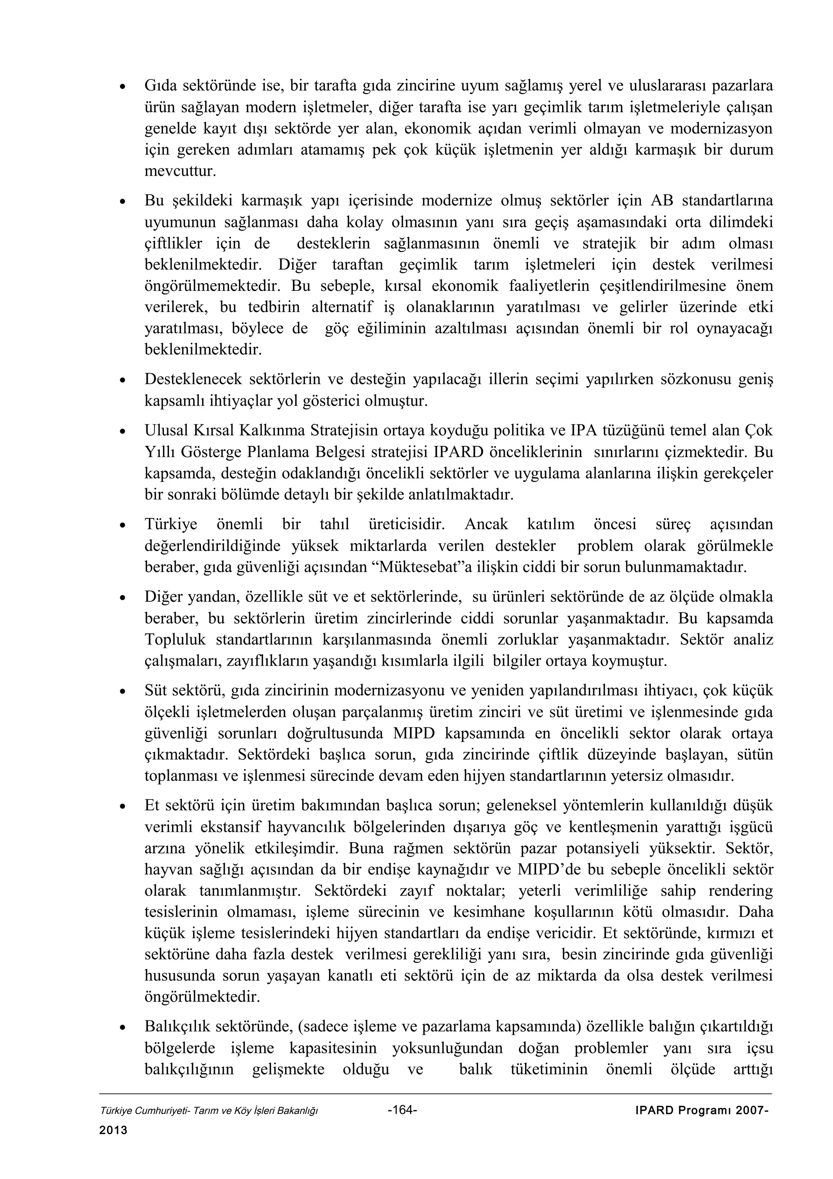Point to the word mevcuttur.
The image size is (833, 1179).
pyautogui.click(x=180, y=171)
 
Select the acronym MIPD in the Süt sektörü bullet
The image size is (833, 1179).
pyautogui.click(x=414, y=733)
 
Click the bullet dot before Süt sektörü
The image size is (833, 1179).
pyautogui.click(x=123, y=692)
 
